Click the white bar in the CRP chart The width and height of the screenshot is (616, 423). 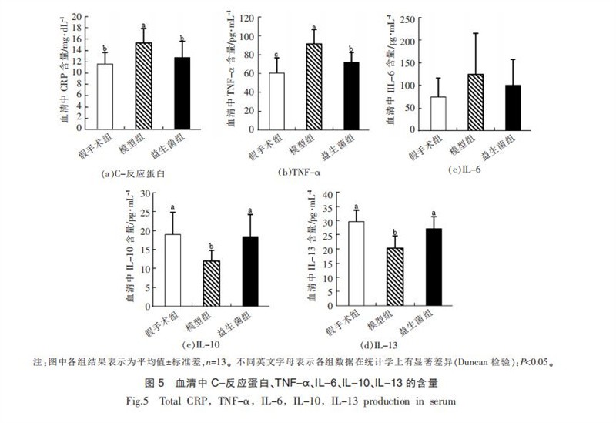100,96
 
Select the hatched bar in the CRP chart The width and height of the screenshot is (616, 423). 142,85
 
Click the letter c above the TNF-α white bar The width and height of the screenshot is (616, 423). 276,55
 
